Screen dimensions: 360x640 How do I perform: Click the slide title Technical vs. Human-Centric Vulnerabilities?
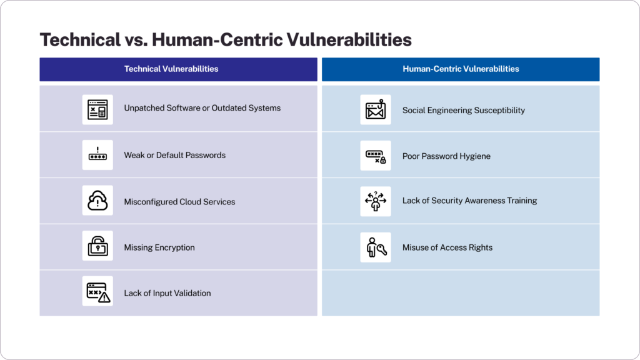pyautogui.click(x=226, y=40)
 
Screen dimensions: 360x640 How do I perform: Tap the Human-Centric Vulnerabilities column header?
pyautogui.click(x=461, y=69)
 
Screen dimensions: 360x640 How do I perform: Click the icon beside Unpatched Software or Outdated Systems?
pyautogui.click(x=97, y=109)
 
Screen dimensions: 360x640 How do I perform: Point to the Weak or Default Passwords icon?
pyautogui.click(x=97, y=155)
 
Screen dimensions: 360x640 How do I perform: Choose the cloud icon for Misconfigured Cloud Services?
pyautogui.click(x=97, y=201)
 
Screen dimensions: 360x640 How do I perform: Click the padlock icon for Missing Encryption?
pyautogui.click(x=97, y=247)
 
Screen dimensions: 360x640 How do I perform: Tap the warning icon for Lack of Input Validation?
pyautogui.click(x=97, y=292)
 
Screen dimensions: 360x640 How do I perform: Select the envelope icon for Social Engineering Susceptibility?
pyautogui.click(x=376, y=110)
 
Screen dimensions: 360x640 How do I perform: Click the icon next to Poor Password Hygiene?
pyautogui.click(x=376, y=156)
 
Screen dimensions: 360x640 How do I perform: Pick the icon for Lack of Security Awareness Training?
pyautogui.click(x=376, y=201)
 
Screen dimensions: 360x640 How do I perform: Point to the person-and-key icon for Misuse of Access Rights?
pyautogui.click(x=376, y=247)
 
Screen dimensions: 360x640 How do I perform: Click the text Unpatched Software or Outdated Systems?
pyautogui.click(x=202, y=108)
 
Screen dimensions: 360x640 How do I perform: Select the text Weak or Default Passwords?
pyautogui.click(x=174, y=155)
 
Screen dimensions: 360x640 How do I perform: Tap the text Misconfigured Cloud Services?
pyautogui.click(x=179, y=202)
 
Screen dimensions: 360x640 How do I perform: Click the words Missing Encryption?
pyautogui.click(x=159, y=247)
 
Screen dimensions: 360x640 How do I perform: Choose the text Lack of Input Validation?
pyautogui.click(x=167, y=293)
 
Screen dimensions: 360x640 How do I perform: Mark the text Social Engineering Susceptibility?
pyautogui.click(x=463, y=111)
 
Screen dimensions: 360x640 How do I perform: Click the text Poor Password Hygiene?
pyautogui.click(x=446, y=156)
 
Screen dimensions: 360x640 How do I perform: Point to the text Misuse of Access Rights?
pyautogui.click(x=447, y=247)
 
